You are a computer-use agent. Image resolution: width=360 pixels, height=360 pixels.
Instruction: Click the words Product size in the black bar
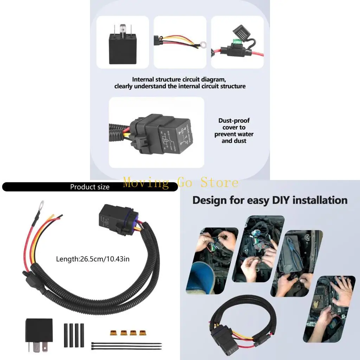pos(90,187)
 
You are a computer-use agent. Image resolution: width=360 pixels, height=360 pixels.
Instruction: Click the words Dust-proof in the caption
pos(234,121)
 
